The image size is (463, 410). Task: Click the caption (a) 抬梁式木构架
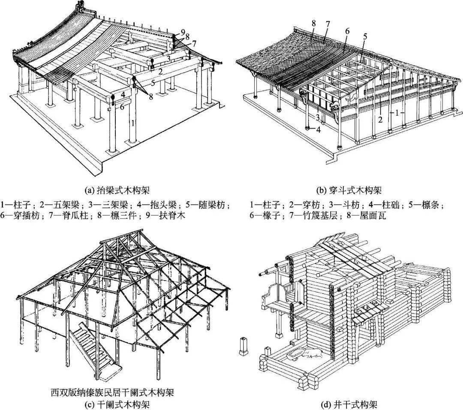116,189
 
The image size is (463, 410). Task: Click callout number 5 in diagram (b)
365,37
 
